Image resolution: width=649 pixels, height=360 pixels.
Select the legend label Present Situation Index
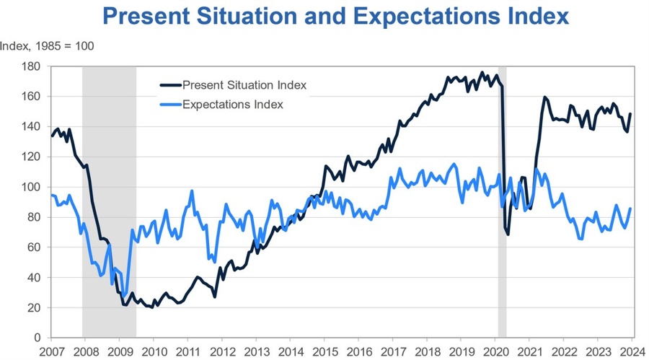(244, 85)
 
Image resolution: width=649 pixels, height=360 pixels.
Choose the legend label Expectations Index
(233, 105)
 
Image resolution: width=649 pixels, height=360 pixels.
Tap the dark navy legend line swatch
(170, 85)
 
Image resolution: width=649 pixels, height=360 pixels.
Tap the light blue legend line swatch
(170, 105)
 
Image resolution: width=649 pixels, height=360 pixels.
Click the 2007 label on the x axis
(50, 351)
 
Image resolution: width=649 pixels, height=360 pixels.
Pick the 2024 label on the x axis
(632, 351)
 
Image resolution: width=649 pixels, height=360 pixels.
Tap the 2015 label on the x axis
(324, 351)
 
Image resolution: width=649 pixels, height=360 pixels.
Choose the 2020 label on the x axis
(495, 351)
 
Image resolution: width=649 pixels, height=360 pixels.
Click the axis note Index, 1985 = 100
(47, 46)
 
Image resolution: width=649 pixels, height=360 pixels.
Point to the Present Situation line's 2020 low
(508, 234)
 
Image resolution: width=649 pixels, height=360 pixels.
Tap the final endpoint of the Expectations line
(631, 208)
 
